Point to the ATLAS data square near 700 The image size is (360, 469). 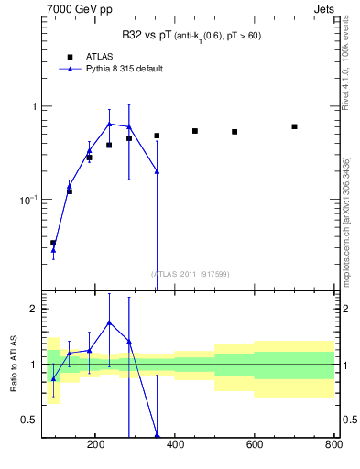pyautogui.click(x=294, y=126)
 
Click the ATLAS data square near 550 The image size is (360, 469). pyautogui.click(x=235, y=132)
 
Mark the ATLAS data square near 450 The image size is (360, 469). pyautogui.click(x=195, y=131)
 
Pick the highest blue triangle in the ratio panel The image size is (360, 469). pyautogui.click(x=109, y=322)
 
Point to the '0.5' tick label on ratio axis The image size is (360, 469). pyautogui.click(x=29, y=420)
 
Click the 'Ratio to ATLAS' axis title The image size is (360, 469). pyautogui.click(x=13, y=365)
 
